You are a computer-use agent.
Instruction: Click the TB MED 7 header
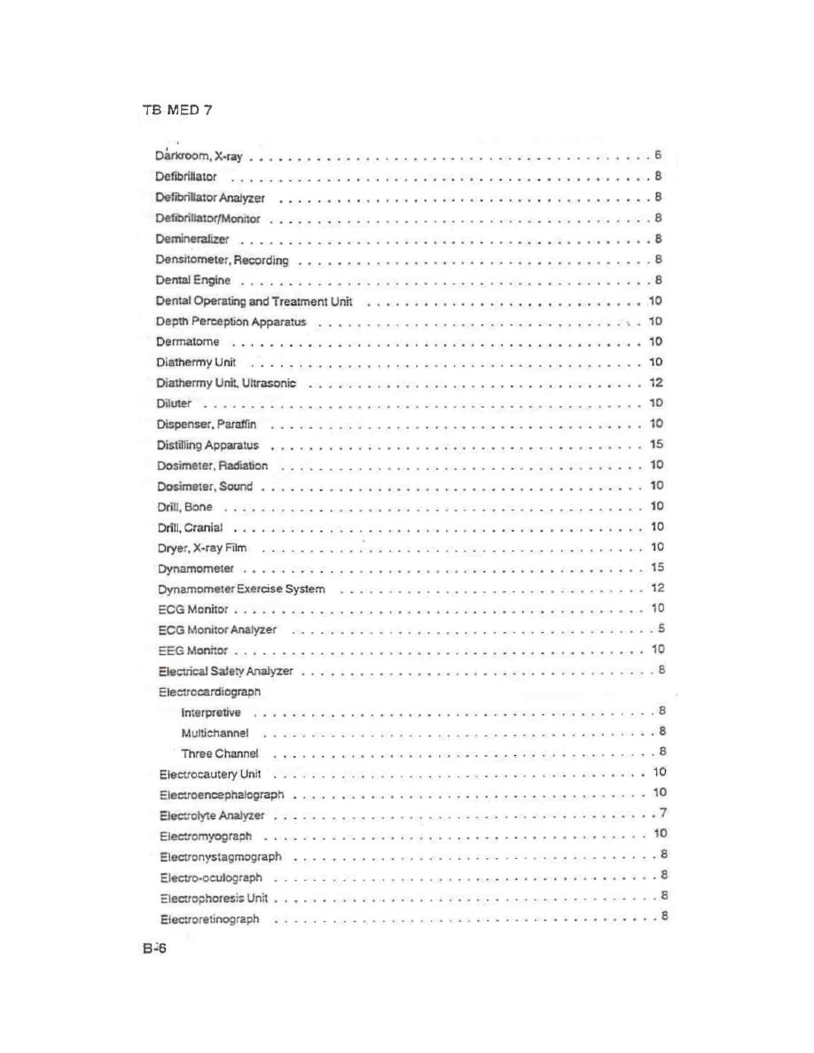pyautogui.click(x=176, y=111)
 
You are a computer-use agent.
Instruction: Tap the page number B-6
pyautogui.click(x=153, y=949)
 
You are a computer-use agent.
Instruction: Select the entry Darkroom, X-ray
pyautogui.click(x=199, y=157)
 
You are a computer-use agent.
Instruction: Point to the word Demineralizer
pyautogui.click(x=192, y=239)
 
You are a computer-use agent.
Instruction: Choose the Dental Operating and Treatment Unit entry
pyautogui.click(x=254, y=301)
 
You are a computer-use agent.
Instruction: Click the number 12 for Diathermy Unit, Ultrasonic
pyautogui.click(x=656, y=383)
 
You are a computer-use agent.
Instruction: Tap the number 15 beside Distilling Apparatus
pyautogui.click(x=656, y=444)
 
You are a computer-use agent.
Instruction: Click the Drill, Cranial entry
pyautogui.click(x=190, y=527)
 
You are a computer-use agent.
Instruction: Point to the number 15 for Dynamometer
pyautogui.click(x=657, y=567)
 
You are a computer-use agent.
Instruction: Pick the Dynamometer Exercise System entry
pyautogui.click(x=242, y=589)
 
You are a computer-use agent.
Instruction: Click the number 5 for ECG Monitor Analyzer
pyautogui.click(x=661, y=628)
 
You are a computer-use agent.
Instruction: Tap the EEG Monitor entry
pyautogui.click(x=187, y=651)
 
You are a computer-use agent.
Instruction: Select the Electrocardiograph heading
pyautogui.click(x=209, y=690)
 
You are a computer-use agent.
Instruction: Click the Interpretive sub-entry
pyautogui.click(x=210, y=712)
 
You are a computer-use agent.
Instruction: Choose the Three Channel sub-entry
pyautogui.click(x=220, y=753)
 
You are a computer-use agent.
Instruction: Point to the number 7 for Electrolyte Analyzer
pyautogui.click(x=663, y=814)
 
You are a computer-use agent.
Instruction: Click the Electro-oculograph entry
pyautogui.click(x=211, y=877)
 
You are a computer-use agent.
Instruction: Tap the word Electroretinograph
pyautogui.click(x=210, y=919)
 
